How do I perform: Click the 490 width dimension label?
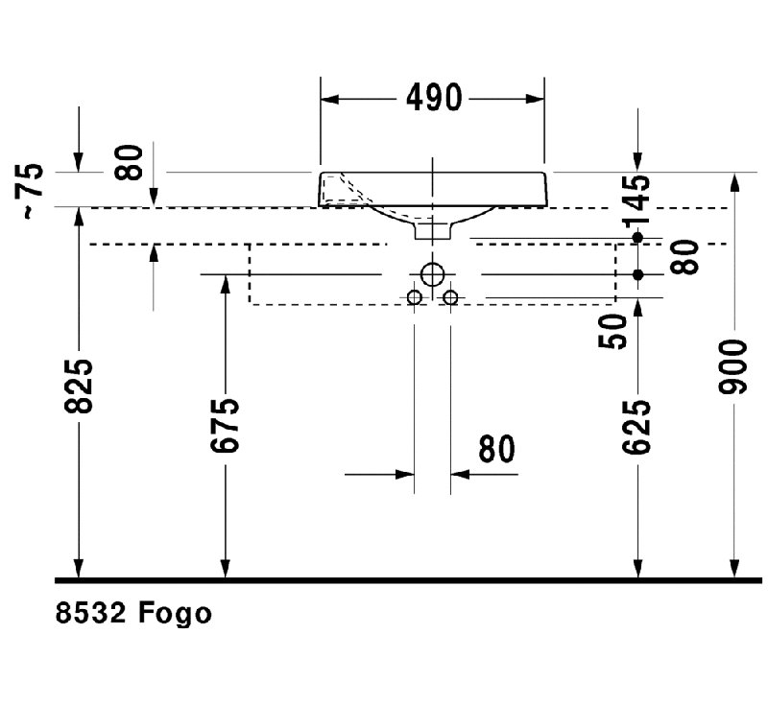click(434, 98)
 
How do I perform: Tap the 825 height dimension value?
click(79, 387)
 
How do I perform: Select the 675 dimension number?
click(225, 425)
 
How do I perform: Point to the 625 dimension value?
click(636, 426)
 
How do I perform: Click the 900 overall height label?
click(733, 366)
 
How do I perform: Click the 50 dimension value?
click(612, 331)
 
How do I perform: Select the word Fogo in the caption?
click(175, 614)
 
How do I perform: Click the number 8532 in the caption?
click(90, 613)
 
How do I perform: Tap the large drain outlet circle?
click(432, 274)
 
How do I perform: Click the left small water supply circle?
click(415, 297)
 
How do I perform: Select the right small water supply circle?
click(450, 297)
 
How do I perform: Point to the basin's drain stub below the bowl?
click(432, 231)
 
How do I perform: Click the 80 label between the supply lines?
click(496, 449)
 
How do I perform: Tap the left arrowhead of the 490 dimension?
click(329, 100)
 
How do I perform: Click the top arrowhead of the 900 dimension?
click(733, 182)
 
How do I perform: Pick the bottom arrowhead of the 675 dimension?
click(225, 568)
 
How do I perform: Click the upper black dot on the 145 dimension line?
click(637, 238)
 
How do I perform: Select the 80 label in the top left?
click(129, 162)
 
